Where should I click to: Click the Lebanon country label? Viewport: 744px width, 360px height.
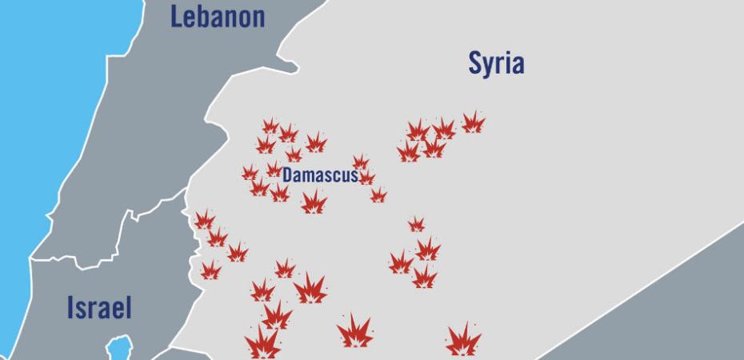click(x=218, y=17)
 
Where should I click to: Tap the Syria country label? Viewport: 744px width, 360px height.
click(x=496, y=63)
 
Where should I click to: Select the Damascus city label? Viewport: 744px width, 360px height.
click(x=320, y=174)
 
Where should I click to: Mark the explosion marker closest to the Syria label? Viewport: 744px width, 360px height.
click(x=473, y=122)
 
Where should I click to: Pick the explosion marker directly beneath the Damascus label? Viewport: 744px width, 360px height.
click(x=314, y=202)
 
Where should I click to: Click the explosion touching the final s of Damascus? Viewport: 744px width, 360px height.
click(x=366, y=178)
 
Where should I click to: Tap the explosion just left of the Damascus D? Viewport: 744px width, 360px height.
click(x=274, y=170)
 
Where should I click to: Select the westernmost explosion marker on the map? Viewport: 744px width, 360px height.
click(x=205, y=220)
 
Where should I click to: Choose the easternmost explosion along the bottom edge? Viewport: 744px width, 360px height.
click(x=463, y=341)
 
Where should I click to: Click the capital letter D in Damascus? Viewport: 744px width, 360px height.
click(x=287, y=174)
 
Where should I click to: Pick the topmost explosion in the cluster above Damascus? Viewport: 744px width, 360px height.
click(x=270, y=126)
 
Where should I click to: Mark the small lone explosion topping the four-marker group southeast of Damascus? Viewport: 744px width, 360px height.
click(x=416, y=224)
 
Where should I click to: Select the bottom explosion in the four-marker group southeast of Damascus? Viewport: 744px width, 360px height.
click(x=424, y=278)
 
